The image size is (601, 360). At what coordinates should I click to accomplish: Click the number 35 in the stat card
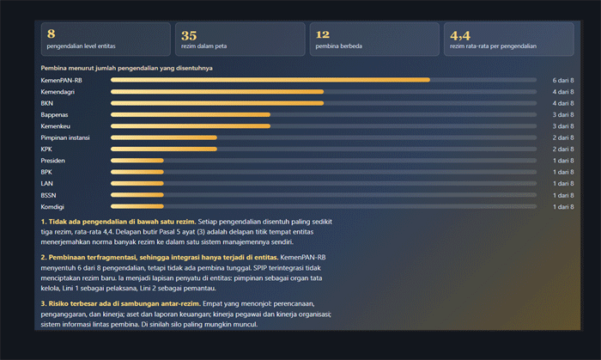189,35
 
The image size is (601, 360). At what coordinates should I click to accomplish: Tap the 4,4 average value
460,35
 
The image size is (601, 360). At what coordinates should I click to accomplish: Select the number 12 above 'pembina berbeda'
323,34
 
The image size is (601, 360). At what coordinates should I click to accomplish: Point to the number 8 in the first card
51,34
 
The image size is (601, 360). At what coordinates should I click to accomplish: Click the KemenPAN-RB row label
61,80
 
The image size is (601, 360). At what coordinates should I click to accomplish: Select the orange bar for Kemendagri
217,92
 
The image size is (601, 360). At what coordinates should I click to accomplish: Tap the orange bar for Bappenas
191,114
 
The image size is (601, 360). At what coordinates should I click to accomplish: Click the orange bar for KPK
164,149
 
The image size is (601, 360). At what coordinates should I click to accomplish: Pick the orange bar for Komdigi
137,207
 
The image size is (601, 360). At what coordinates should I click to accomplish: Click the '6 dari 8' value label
563,80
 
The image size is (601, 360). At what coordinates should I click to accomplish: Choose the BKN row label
47,103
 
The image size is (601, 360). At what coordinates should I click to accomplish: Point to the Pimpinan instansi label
65,137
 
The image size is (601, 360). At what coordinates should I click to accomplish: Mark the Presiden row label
53,161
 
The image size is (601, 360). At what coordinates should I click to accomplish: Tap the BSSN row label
48,195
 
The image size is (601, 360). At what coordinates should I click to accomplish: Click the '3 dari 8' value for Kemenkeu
563,126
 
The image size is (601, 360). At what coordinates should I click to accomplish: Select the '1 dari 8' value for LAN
563,184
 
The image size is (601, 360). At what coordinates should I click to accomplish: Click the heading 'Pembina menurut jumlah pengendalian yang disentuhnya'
127,68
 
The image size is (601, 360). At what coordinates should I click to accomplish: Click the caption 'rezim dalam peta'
204,46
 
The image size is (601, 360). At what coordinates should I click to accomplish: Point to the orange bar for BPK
137,172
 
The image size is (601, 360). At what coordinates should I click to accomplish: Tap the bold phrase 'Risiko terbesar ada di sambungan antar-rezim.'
121,303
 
